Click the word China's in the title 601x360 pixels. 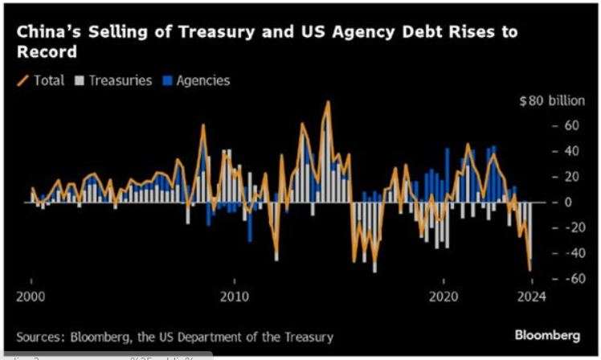pos(47,33)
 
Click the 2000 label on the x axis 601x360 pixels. pos(31,297)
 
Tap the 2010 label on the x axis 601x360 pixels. pos(235,297)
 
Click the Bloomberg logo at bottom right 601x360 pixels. pos(548,333)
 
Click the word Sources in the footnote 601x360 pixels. pos(39,336)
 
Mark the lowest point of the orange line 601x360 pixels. pos(529,271)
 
